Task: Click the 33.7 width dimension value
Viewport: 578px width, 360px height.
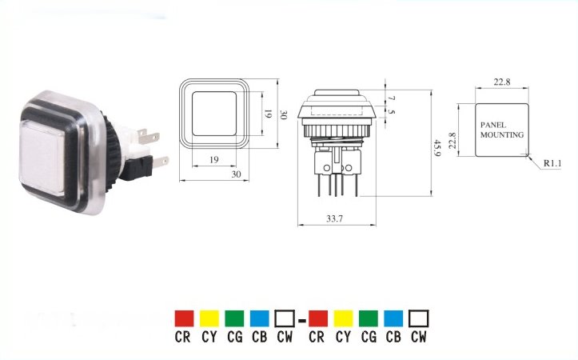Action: tap(334, 218)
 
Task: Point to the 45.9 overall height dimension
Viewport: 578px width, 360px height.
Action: tap(437, 147)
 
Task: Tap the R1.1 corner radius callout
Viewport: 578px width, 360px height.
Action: tap(552, 163)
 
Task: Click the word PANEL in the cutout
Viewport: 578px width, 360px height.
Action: tap(492, 125)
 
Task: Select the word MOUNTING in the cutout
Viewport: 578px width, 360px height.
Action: tap(502, 135)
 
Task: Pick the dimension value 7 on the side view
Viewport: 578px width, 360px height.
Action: tap(392, 98)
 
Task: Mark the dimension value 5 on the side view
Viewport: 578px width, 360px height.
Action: tap(392, 111)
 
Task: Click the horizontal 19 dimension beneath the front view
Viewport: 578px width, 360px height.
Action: tap(213, 160)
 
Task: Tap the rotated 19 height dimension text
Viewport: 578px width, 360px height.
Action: tap(268, 114)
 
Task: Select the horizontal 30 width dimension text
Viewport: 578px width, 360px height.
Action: tap(236, 174)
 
